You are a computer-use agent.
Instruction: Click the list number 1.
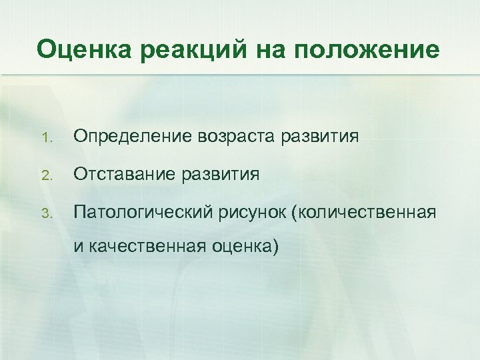[x=45, y=138]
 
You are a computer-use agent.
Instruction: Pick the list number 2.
[x=45, y=176]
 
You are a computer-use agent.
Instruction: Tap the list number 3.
[x=45, y=214]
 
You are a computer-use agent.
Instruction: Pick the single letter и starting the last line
[x=78, y=247]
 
